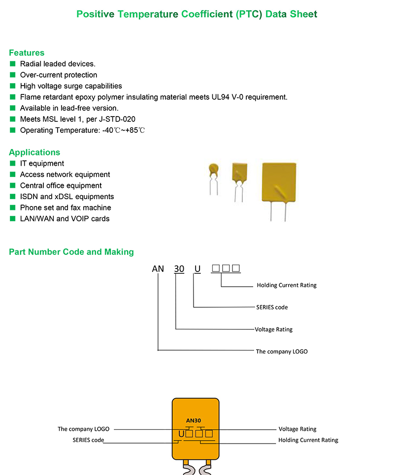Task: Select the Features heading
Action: [27, 53]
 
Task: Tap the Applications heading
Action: [34, 152]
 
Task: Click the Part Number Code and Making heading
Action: [71, 252]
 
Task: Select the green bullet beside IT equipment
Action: [13, 163]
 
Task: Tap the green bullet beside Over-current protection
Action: [13, 75]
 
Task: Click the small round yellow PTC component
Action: [213, 171]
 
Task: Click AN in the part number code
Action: [158, 269]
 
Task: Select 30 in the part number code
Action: [179, 269]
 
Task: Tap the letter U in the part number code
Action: [197, 269]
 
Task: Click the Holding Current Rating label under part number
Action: [287, 285]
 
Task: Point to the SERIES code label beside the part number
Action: [272, 307]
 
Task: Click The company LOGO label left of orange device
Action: [83, 429]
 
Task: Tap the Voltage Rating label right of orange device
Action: [297, 429]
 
